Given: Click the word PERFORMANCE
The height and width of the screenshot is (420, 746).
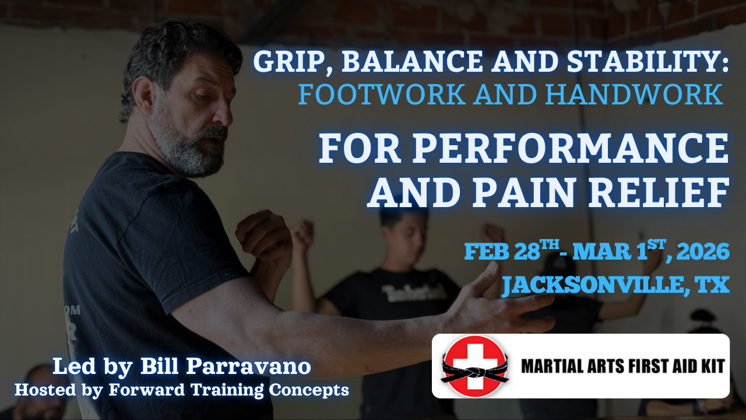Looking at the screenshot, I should (570, 149).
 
